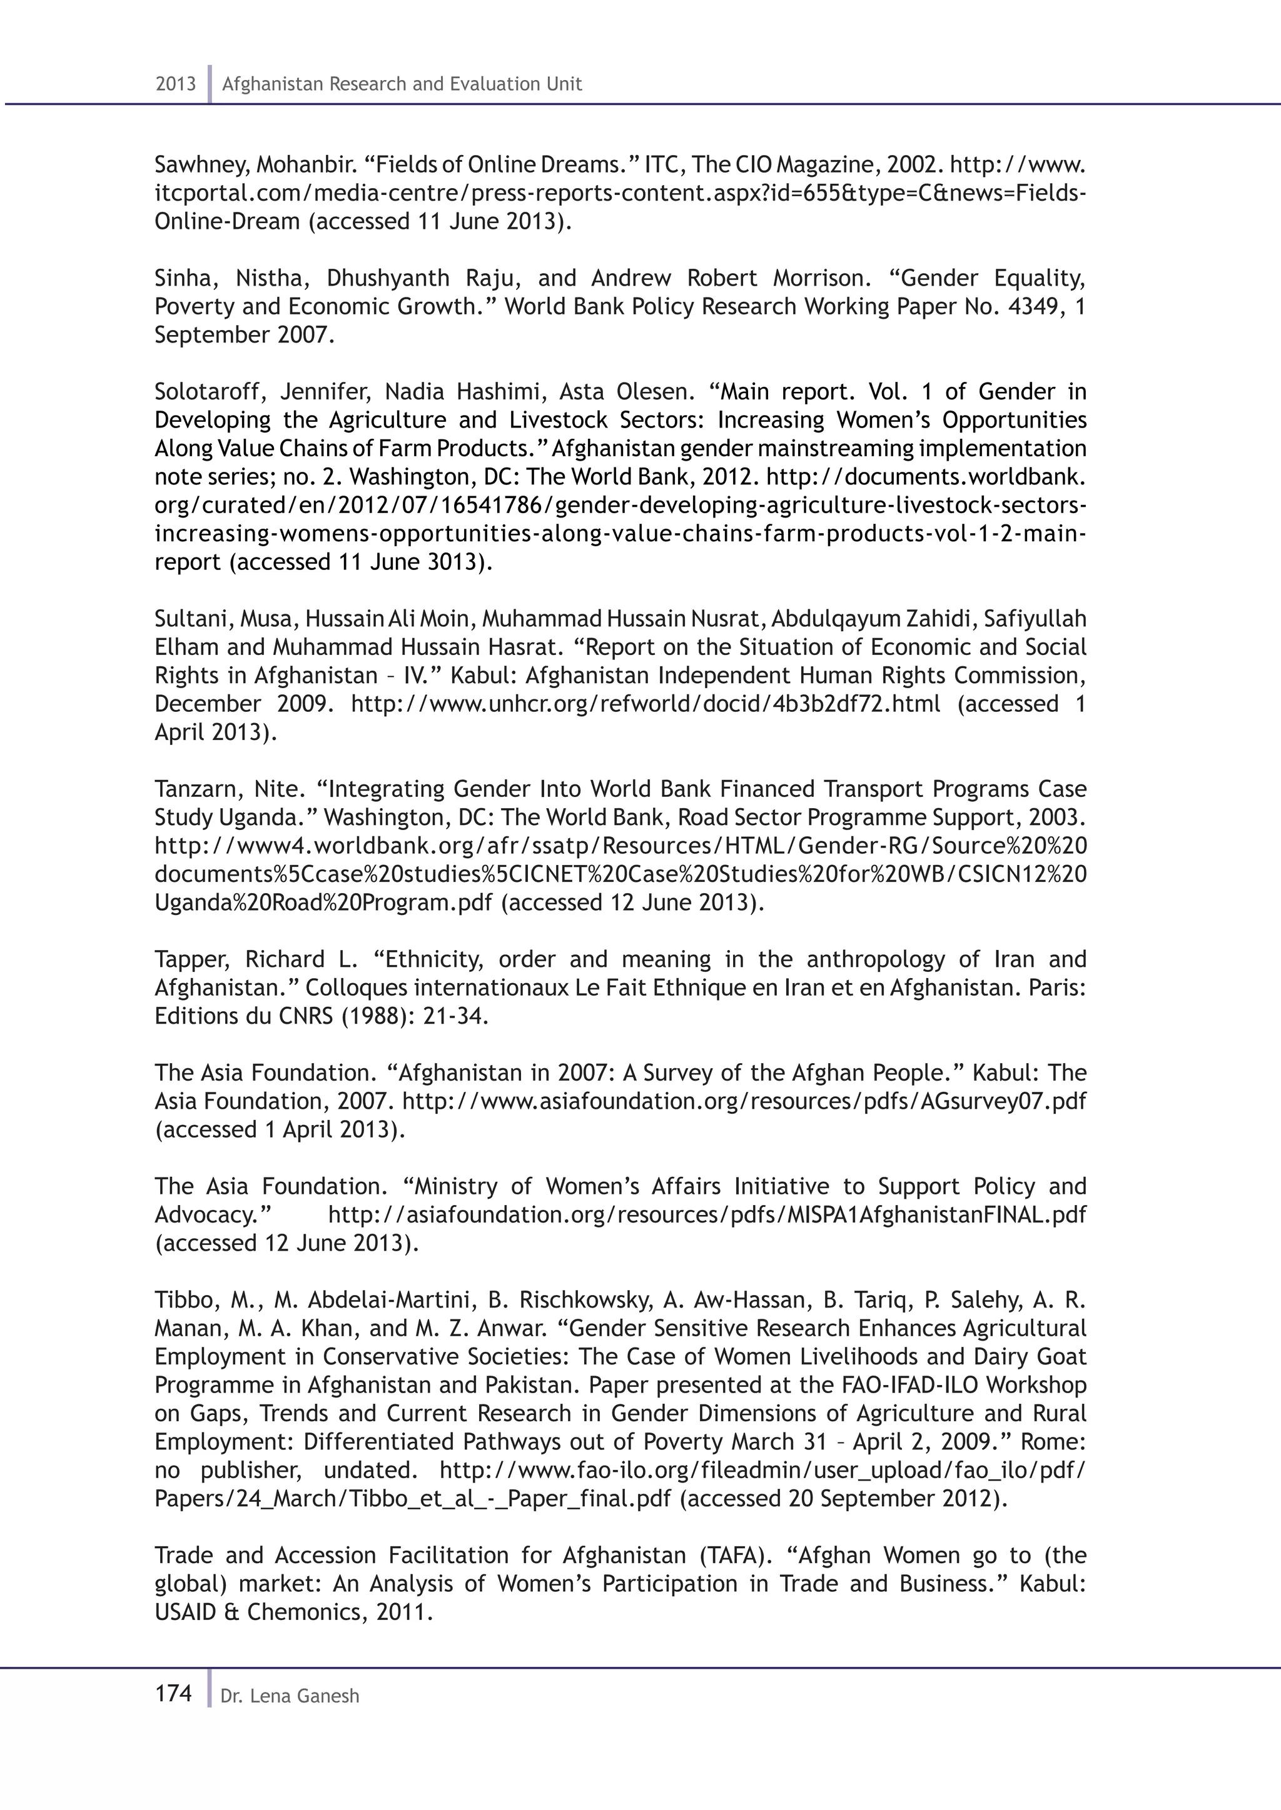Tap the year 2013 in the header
click(175, 84)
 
